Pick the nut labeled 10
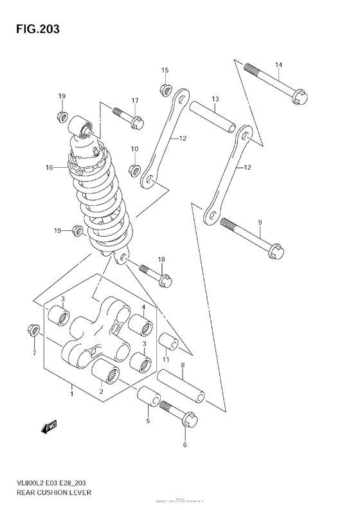click(134, 170)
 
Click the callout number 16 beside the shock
click(49, 168)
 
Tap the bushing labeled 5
click(147, 397)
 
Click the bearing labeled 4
click(141, 325)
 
